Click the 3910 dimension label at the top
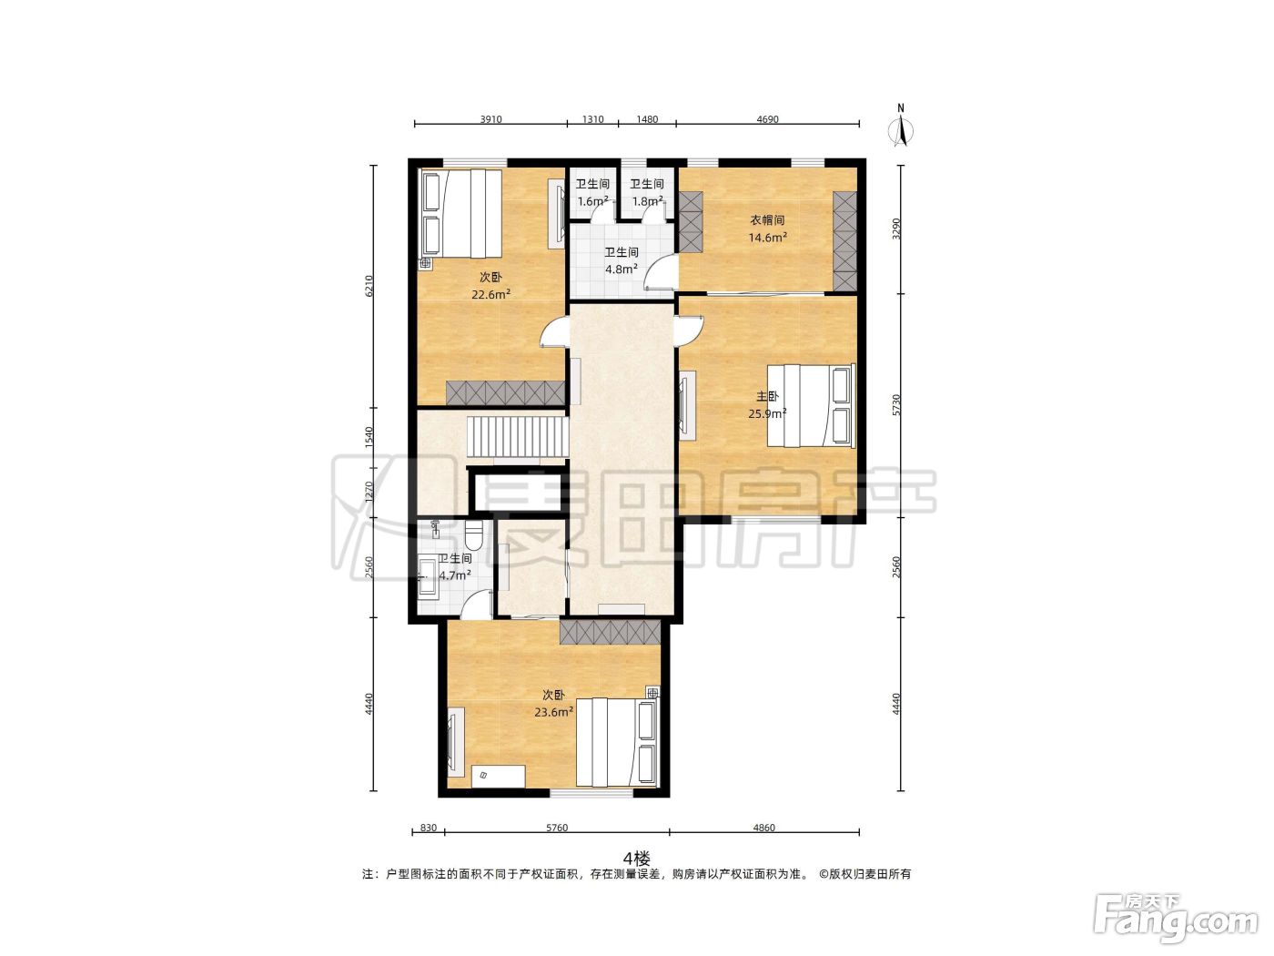click(x=490, y=119)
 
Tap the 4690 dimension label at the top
click(x=767, y=119)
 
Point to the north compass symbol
click(x=901, y=126)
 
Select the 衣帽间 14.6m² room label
click(x=767, y=229)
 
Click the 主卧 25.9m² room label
click(x=767, y=405)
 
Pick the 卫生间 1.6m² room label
click(x=592, y=193)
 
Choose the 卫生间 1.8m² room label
click(x=647, y=193)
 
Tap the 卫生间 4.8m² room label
click(x=622, y=260)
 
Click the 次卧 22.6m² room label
click(x=491, y=286)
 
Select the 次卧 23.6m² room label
click(x=553, y=704)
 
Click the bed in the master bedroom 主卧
click(x=812, y=405)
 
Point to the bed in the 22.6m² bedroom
click(x=462, y=214)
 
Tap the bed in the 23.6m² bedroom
click(x=618, y=742)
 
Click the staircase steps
click(x=517, y=436)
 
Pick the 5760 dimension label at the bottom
click(x=557, y=828)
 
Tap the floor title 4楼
click(x=636, y=858)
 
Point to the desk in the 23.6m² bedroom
click(x=499, y=776)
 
